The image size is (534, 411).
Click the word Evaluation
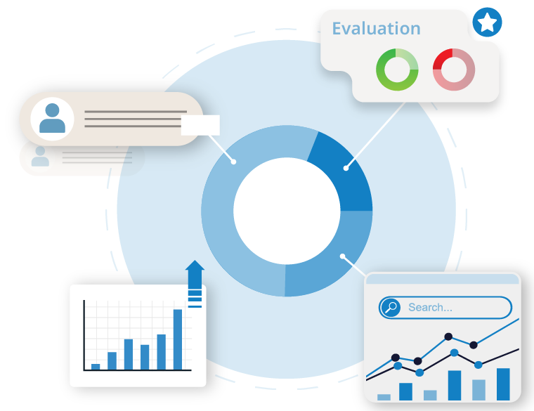[376, 28]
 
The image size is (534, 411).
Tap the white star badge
[487, 22]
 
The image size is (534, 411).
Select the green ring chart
[397, 70]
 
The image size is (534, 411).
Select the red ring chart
[454, 70]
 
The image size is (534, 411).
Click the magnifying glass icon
[391, 308]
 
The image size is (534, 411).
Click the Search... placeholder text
[430, 308]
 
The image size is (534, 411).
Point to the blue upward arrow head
[195, 266]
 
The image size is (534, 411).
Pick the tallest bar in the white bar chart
[178, 339]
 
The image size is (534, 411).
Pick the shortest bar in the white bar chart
[96, 367]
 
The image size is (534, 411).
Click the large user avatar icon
[52, 119]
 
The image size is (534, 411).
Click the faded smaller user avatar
[40, 157]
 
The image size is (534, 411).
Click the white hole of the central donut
[287, 211]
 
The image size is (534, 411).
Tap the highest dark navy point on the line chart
[448, 337]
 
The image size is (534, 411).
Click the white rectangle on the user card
[200, 125]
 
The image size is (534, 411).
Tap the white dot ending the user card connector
[233, 162]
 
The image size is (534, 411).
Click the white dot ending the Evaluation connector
[346, 168]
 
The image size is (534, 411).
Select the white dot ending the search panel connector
[343, 256]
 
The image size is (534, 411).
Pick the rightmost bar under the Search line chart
[503, 384]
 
